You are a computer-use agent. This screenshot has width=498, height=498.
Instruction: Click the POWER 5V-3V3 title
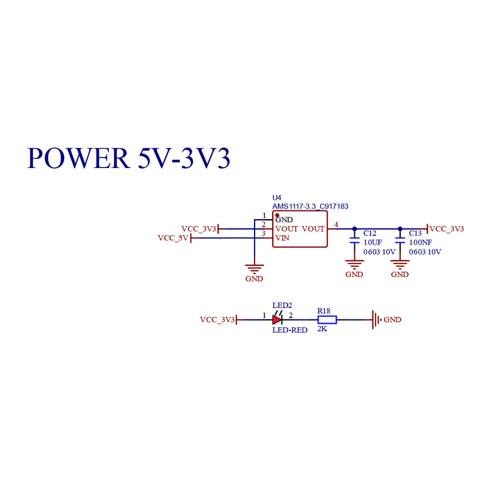click(x=129, y=158)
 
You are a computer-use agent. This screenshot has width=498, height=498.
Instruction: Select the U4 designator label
click(x=276, y=197)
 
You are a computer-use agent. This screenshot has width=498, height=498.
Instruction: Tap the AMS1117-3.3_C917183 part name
click(x=310, y=207)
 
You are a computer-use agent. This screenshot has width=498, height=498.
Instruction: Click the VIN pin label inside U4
click(x=283, y=238)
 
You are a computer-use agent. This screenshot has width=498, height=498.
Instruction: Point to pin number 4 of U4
click(x=336, y=225)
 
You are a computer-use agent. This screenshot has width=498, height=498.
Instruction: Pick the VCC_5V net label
click(x=173, y=238)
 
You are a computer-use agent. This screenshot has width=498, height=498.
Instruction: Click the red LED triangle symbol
click(x=277, y=319)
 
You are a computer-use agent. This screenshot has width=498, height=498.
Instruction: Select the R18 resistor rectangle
click(x=327, y=320)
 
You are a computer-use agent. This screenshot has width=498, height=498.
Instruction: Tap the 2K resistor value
click(x=322, y=329)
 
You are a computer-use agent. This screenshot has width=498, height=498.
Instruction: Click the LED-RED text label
click(x=290, y=330)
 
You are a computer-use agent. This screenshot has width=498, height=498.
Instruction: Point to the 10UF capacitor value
click(x=372, y=242)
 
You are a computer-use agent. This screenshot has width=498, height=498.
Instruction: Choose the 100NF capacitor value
click(x=421, y=242)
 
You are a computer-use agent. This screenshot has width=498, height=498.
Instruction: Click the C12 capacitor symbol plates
click(x=354, y=240)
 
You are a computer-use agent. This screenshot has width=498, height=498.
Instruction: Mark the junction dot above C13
click(x=400, y=228)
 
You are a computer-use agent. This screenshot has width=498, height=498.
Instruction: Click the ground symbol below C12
click(x=354, y=265)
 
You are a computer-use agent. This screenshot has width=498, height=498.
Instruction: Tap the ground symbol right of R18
click(x=377, y=320)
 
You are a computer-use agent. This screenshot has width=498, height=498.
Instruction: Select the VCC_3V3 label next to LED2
click(x=217, y=319)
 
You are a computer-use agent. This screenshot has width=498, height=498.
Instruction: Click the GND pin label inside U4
click(x=284, y=220)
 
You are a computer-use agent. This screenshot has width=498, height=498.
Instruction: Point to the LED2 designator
click(x=282, y=305)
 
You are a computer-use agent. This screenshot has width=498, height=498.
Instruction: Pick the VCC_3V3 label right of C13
click(x=446, y=228)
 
